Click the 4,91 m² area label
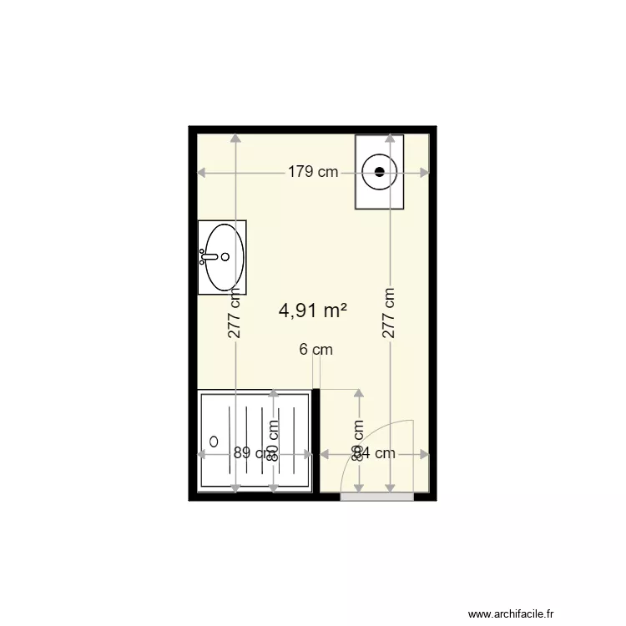click(x=313, y=310)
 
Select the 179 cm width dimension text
click(x=313, y=173)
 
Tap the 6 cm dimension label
click(x=316, y=350)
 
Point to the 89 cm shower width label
click(x=250, y=454)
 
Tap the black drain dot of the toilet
click(x=380, y=172)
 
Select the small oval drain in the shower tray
click(x=214, y=441)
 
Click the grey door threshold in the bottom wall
click(x=376, y=497)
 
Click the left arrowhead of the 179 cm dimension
click(x=201, y=173)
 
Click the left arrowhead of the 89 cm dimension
click(x=201, y=454)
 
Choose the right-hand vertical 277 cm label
click(x=389, y=314)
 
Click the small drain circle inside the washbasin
click(x=225, y=257)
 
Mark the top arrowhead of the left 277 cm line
click(x=235, y=139)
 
